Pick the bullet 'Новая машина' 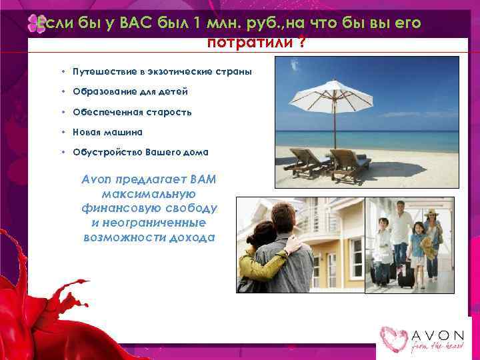click(107, 132)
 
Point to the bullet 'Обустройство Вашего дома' click(140, 152)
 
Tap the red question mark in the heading click(303, 43)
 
